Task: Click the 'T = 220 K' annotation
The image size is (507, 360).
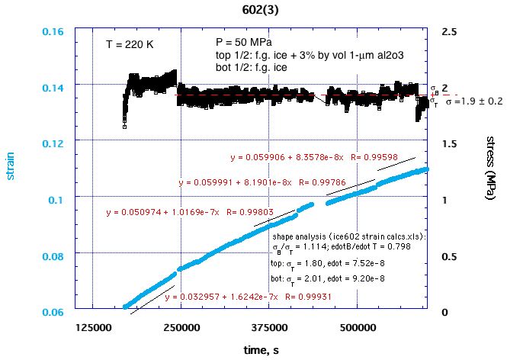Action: click(130, 45)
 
